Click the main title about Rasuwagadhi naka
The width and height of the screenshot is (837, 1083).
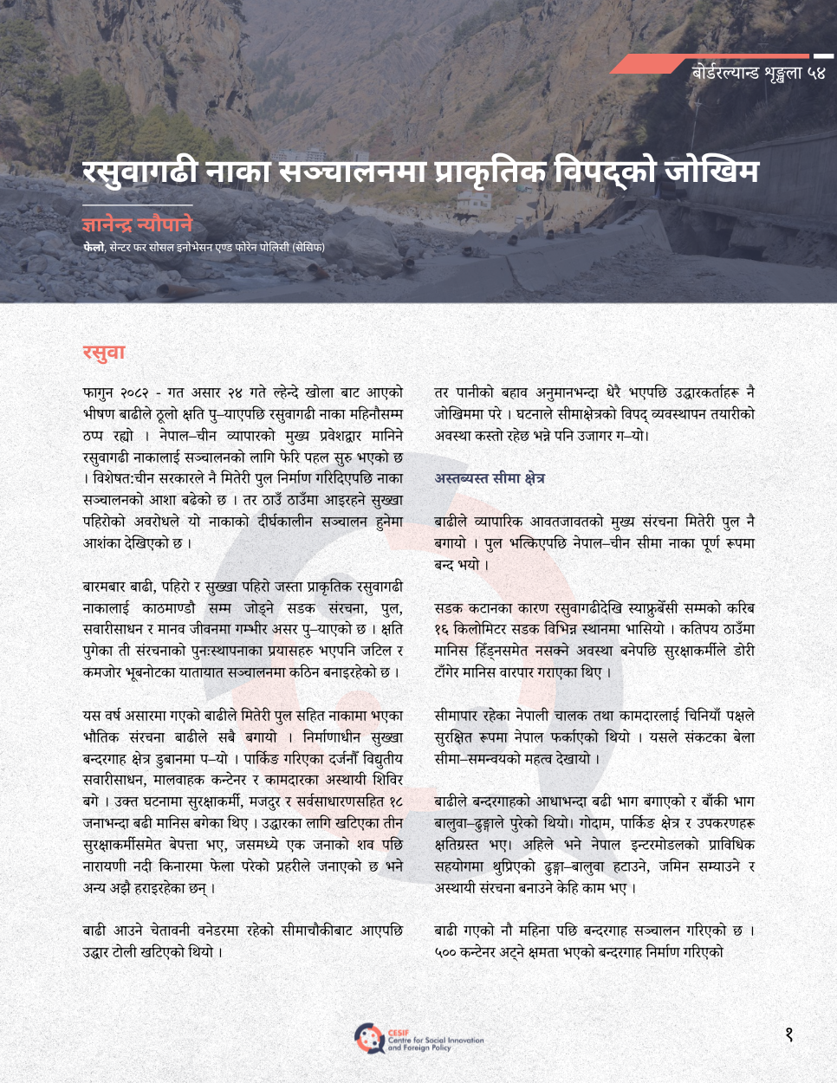click(420, 170)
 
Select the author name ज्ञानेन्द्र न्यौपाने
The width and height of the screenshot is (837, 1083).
click(137, 224)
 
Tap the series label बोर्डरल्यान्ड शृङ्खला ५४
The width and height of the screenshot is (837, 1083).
click(758, 73)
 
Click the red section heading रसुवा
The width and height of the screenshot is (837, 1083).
click(104, 352)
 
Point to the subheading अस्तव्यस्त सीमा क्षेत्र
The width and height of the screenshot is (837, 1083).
click(490, 478)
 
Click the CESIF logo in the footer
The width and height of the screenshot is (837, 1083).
click(369, 1037)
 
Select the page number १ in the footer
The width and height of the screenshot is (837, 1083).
click(788, 1034)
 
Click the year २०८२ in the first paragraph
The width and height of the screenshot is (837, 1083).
click(139, 392)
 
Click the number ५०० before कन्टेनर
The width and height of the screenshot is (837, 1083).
click(446, 952)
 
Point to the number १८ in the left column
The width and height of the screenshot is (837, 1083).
click(395, 801)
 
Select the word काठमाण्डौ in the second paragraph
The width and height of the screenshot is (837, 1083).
click(169, 608)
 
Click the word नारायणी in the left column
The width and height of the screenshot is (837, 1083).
click(106, 866)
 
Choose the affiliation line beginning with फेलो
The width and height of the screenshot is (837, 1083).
click(204, 248)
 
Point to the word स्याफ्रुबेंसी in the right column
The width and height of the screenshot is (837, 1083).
click(659, 608)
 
